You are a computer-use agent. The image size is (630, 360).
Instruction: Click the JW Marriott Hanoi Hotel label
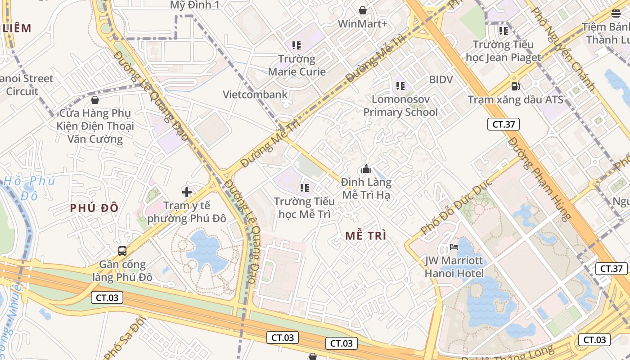pyautogui.click(x=454, y=267)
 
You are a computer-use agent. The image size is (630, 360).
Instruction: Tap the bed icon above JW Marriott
pyautogui.click(x=454, y=247)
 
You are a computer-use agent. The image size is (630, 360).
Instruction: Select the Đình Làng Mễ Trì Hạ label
pyautogui.click(x=366, y=189)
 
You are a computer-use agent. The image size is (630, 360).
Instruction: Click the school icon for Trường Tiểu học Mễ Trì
pyautogui.click(x=305, y=188)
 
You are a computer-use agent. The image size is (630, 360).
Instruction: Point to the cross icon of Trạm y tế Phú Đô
pyautogui.click(x=187, y=193)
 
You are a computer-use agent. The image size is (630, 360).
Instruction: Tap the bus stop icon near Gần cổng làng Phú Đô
pyautogui.click(x=122, y=251)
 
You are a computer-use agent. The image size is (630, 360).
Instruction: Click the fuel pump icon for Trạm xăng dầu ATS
pyautogui.click(x=515, y=86)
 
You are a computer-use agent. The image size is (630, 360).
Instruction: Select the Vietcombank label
pyautogui.click(x=255, y=94)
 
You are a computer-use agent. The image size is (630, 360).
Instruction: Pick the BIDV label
pyautogui.click(x=441, y=80)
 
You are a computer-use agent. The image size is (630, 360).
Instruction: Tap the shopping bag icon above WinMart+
pyautogui.click(x=362, y=10)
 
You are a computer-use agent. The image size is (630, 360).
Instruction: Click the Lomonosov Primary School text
pyautogui.click(x=400, y=106)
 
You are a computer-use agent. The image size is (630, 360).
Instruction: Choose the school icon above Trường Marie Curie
pyautogui.click(x=296, y=45)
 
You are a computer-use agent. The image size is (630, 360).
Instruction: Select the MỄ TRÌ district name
pyautogui.click(x=366, y=236)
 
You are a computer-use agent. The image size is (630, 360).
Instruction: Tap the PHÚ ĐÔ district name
pyautogui.click(x=94, y=208)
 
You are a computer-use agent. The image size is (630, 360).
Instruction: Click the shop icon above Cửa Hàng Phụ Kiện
pyautogui.click(x=95, y=99)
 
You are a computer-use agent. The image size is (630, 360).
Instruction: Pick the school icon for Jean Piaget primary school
pyautogui.click(x=503, y=31)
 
